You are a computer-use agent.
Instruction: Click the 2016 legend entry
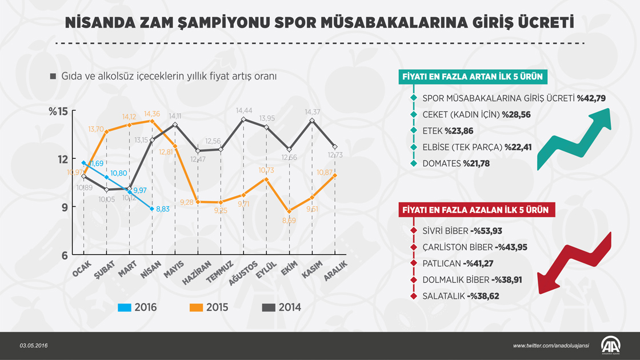pyautogui.click(x=138, y=307)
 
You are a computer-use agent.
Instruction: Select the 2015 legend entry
pyautogui.click(x=209, y=307)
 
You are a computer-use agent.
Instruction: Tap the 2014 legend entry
pyautogui.click(x=281, y=307)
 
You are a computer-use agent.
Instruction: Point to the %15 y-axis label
pyautogui.click(x=58, y=111)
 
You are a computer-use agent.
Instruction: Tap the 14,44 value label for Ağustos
pyautogui.click(x=244, y=110)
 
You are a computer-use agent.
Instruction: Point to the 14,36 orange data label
pyautogui.click(x=153, y=113)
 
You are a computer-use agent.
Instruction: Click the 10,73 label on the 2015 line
pyautogui.click(x=267, y=170)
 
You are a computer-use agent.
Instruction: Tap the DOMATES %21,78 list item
pyautogui.click(x=456, y=163)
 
